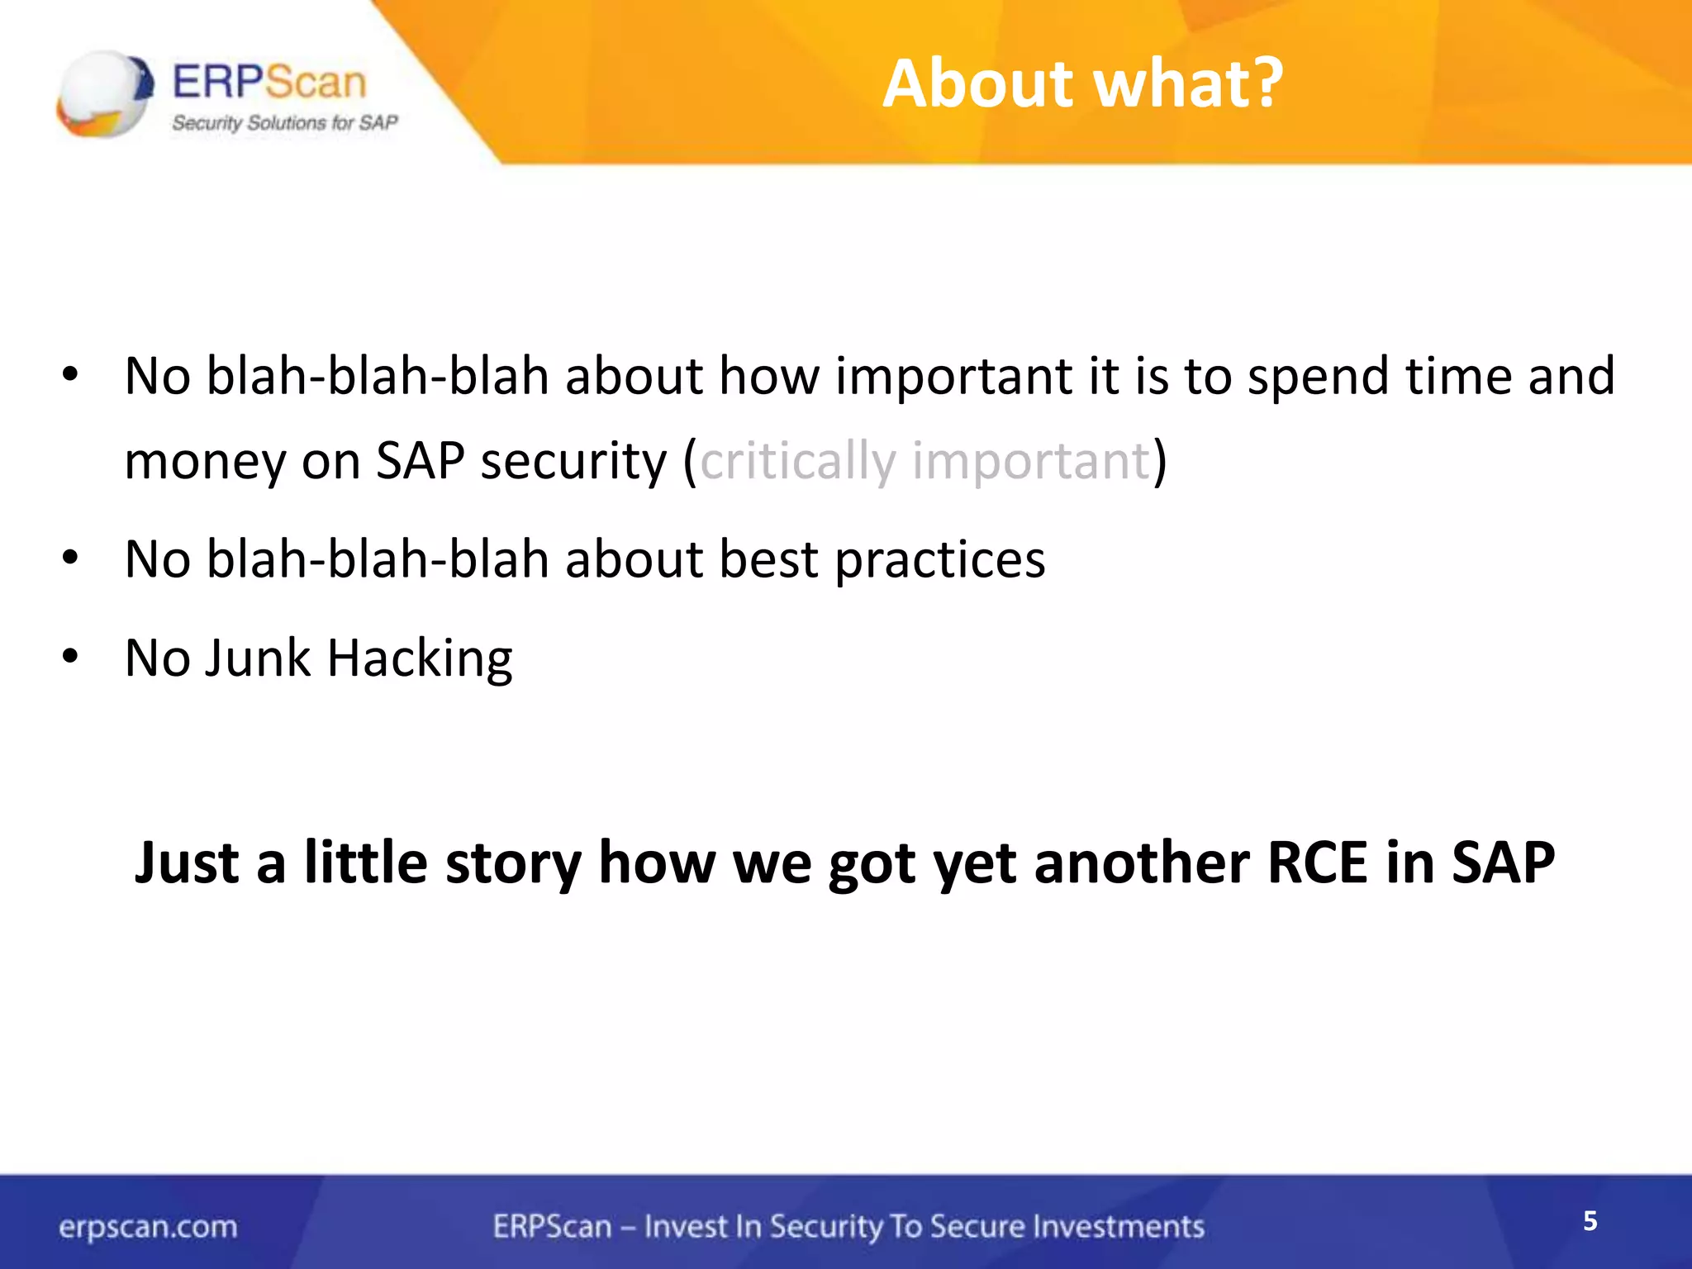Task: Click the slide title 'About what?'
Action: pyautogui.click(x=1082, y=84)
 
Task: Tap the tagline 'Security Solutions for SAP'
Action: pyautogui.click(x=284, y=123)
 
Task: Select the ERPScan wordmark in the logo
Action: pyautogui.click(x=269, y=83)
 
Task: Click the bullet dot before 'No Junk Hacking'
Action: pyautogui.click(x=70, y=658)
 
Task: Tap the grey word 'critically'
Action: pyautogui.click(x=797, y=461)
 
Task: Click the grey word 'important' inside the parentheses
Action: pyautogui.click(x=1031, y=461)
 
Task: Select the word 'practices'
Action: pyautogui.click(x=940, y=560)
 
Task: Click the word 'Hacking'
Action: pyautogui.click(x=420, y=659)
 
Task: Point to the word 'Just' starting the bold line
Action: pyautogui.click(x=187, y=863)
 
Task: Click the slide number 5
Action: pyautogui.click(x=1590, y=1221)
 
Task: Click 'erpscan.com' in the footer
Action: pyautogui.click(x=148, y=1227)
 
